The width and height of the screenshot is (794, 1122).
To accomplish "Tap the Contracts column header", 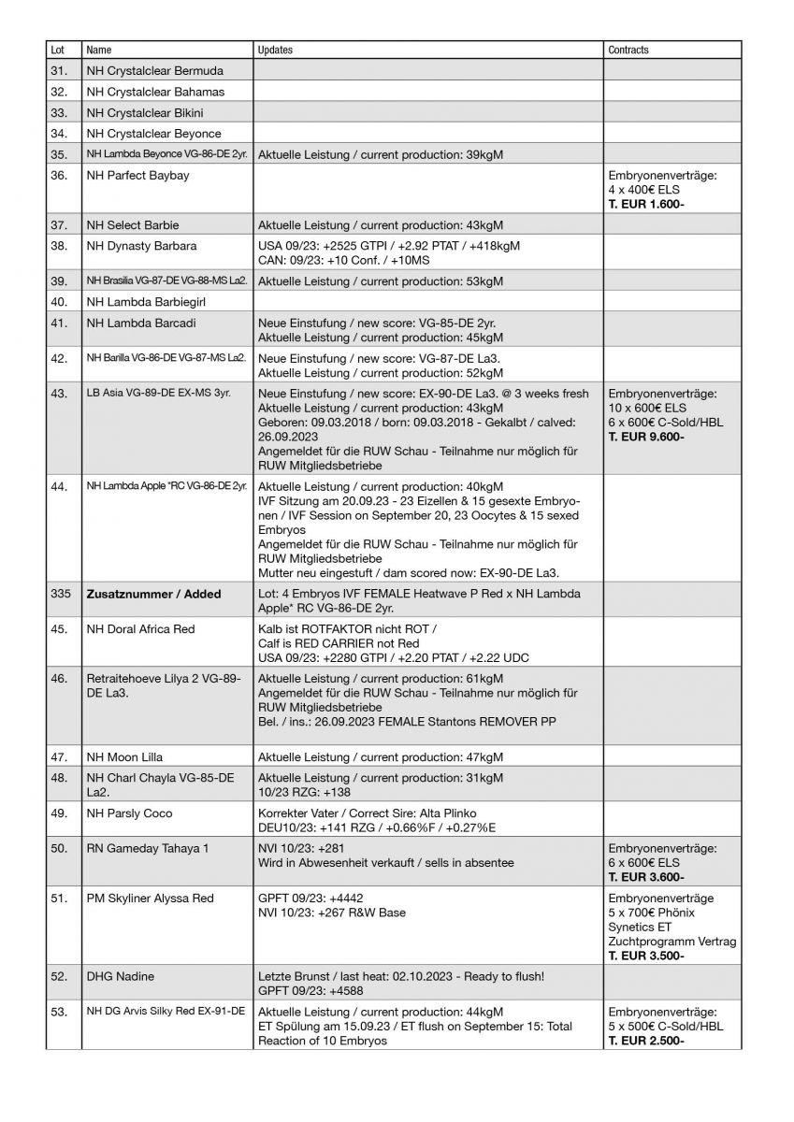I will pos(628,50).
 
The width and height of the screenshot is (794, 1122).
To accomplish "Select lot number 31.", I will pos(59,71).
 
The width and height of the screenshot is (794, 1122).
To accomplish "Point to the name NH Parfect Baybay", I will pos(137,176).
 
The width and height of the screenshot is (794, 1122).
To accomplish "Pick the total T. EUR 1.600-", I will pos(645,204).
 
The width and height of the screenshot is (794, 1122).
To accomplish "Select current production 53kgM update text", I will pos(381,281).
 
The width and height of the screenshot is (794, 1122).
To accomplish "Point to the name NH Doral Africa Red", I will pos(140,629).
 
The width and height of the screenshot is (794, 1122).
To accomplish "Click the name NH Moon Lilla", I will pos(124,756).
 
